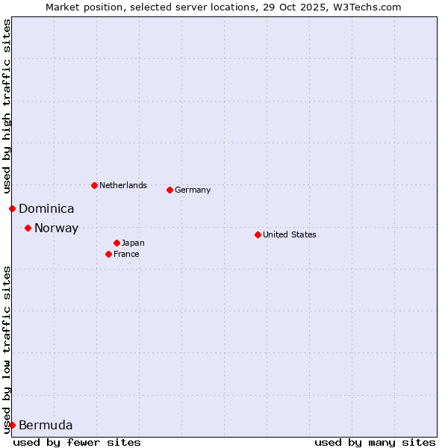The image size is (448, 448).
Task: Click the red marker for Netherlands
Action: coord(94,185)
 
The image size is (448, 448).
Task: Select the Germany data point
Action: coord(169,190)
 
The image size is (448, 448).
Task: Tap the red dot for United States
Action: coord(258,234)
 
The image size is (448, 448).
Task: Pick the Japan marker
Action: coord(116,243)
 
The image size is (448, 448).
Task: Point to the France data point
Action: coord(108,254)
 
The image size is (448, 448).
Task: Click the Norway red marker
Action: coord(28,228)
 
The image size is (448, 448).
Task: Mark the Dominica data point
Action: coord(12,208)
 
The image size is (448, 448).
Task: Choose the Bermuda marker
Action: coord(12,425)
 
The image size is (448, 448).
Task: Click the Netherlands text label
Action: coord(123,185)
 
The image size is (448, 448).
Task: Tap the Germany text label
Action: coord(193,190)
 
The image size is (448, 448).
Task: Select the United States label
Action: coord(290,234)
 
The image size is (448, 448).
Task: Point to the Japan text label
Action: coord(133,243)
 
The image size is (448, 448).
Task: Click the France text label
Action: coord(126,254)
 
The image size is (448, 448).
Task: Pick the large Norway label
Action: coord(56,228)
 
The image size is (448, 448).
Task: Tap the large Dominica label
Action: coord(46,209)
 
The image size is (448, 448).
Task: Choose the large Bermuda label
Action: coord(46,426)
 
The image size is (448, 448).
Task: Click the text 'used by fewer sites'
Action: coord(77,442)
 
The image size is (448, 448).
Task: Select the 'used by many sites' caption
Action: coord(375,442)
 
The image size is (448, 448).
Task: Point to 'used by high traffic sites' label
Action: coord(7,107)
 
